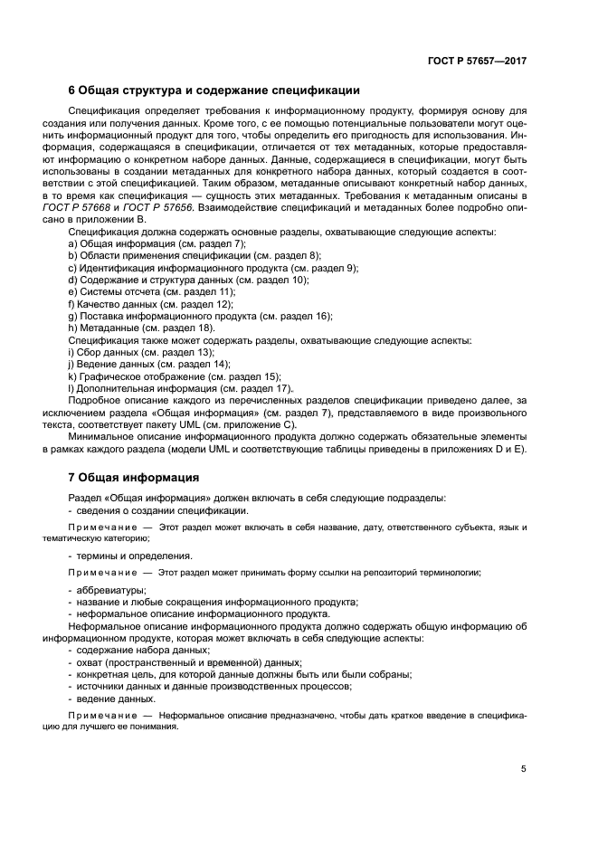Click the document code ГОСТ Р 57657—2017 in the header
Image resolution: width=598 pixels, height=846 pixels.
coord(477,62)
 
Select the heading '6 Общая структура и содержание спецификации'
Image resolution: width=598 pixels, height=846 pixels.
coord(214,90)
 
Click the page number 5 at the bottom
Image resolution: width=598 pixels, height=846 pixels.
coord(523,769)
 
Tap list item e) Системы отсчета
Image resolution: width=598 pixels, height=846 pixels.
coord(152,292)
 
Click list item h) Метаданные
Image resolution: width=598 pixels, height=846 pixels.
coord(141,328)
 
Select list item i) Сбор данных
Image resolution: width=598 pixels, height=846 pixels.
coord(141,351)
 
